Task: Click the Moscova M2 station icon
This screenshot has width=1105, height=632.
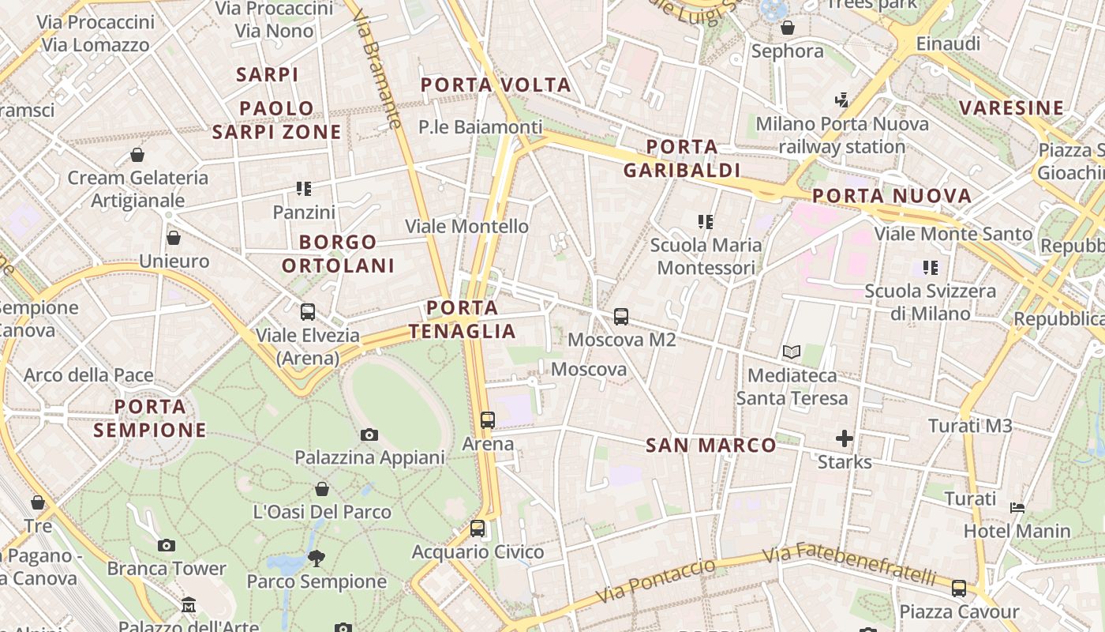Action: [x=621, y=317]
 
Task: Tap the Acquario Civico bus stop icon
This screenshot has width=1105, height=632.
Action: [x=478, y=529]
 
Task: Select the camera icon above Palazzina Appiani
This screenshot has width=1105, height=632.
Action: [x=369, y=434]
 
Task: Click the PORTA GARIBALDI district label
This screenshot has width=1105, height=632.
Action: [x=682, y=158]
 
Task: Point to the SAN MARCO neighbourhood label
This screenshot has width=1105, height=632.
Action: [x=711, y=446]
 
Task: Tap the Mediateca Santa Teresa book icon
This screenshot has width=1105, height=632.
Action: [x=792, y=352]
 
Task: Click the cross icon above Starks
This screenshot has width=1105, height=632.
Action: [x=845, y=438]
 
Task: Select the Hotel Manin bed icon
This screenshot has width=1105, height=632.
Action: [x=1017, y=507]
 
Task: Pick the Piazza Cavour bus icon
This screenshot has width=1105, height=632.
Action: [x=959, y=589]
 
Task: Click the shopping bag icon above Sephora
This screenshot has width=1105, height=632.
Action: [x=787, y=28]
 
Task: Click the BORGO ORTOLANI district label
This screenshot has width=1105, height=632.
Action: [x=338, y=254]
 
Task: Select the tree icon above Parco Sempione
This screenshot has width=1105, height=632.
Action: [x=317, y=559]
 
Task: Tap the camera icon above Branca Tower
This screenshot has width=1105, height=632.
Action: [x=166, y=545]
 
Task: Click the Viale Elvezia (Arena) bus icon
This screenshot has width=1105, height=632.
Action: [x=308, y=312]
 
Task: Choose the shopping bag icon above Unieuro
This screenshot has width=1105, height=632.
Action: [x=174, y=238]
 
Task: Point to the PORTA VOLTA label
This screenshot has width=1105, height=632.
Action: [x=496, y=85]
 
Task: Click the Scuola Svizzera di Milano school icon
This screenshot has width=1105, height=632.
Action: [x=931, y=268]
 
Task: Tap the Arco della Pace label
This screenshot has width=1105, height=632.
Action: [x=88, y=375]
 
